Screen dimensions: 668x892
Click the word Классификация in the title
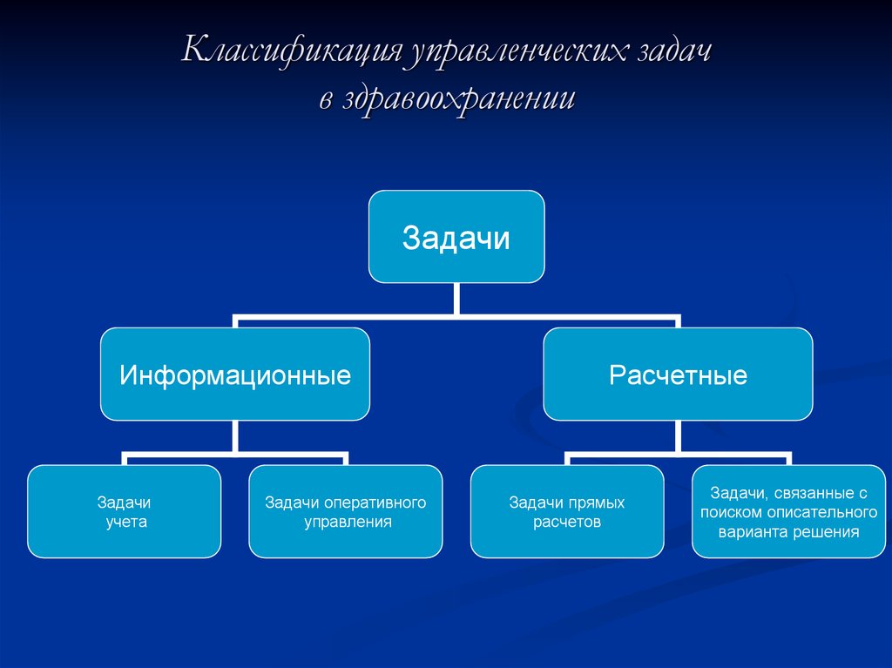pyautogui.click(x=289, y=51)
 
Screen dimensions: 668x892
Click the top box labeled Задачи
pyautogui.click(x=456, y=237)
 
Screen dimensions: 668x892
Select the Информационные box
pyautogui.click(x=235, y=374)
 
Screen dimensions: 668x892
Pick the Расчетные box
pyautogui.click(x=678, y=374)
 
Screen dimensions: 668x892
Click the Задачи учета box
pyautogui.click(x=124, y=512)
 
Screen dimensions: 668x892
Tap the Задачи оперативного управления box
pyautogui.click(x=346, y=512)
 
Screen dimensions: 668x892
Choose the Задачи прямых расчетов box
pyautogui.click(x=567, y=512)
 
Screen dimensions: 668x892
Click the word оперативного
pyautogui.click(x=375, y=503)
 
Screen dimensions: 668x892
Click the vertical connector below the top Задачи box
pyautogui.click(x=456, y=300)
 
